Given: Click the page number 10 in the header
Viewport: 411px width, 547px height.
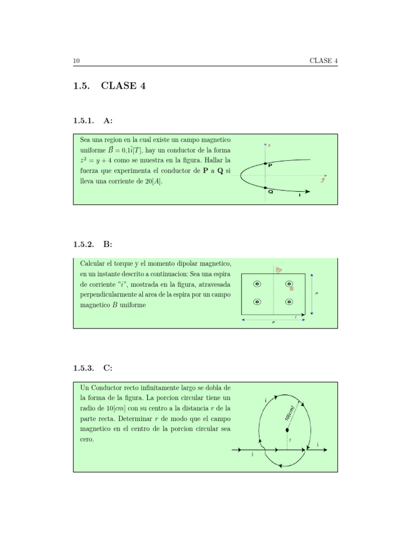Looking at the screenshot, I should (x=77, y=61).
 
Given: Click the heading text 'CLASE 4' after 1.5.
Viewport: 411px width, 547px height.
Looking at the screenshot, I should (x=123, y=86).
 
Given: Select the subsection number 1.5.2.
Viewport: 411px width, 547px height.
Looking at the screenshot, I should (x=83, y=244).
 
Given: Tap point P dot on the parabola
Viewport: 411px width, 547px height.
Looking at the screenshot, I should (x=265, y=163).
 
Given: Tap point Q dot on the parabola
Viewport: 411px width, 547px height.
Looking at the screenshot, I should (x=265, y=187).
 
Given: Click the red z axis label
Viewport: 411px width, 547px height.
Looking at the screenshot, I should (x=269, y=145).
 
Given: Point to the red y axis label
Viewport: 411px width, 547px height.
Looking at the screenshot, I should (x=323, y=180).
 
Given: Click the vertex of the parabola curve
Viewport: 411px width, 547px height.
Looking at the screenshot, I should (x=241, y=175).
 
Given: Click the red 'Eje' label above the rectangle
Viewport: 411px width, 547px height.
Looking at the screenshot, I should (x=278, y=270).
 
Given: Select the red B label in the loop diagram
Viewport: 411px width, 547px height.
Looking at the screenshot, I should (x=292, y=289).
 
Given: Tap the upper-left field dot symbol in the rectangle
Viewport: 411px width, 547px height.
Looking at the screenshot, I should (x=257, y=284).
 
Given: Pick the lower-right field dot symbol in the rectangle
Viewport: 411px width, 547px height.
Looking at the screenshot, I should (x=289, y=302).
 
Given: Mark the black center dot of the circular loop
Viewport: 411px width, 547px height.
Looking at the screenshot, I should (x=287, y=429).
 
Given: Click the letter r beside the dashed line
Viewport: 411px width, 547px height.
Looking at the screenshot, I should (x=290, y=440).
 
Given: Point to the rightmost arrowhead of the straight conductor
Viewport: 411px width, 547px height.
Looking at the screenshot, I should (x=324, y=450).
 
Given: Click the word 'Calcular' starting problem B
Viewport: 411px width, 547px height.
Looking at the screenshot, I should (x=92, y=264).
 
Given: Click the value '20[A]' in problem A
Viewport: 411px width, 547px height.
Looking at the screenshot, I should (x=153, y=182).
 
